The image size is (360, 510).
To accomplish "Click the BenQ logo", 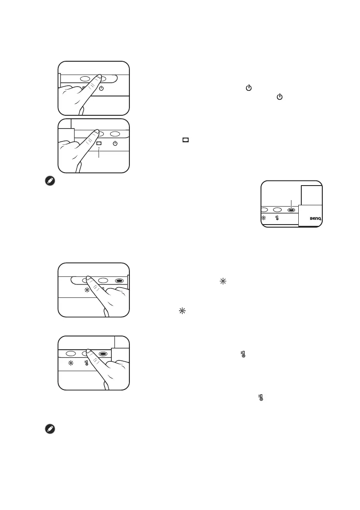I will click(315, 219).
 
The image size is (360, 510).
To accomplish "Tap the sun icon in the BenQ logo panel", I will click(264, 219).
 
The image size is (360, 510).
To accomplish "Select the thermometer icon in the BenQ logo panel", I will click(278, 219).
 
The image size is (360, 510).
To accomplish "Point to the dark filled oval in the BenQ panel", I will click(291, 210).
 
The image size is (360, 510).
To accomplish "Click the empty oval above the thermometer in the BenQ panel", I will click(277, 210).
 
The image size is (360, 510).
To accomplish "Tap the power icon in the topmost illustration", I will click(102, 89).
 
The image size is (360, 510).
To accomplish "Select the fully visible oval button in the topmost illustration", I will click(84, 79).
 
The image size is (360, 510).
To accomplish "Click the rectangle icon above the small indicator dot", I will click(99, 143).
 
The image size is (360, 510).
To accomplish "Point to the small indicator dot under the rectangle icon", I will click(99, 149).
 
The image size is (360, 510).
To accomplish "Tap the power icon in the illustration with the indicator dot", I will click(114, 143).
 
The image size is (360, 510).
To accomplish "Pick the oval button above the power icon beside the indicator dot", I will click(114, 133).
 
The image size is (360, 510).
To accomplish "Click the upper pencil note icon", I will click(49, 181).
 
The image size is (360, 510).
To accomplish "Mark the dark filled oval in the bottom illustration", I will click(103, 354).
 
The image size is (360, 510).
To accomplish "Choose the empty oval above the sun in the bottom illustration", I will click(71, 354).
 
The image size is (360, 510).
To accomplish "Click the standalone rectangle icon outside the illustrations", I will click(186, 140).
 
